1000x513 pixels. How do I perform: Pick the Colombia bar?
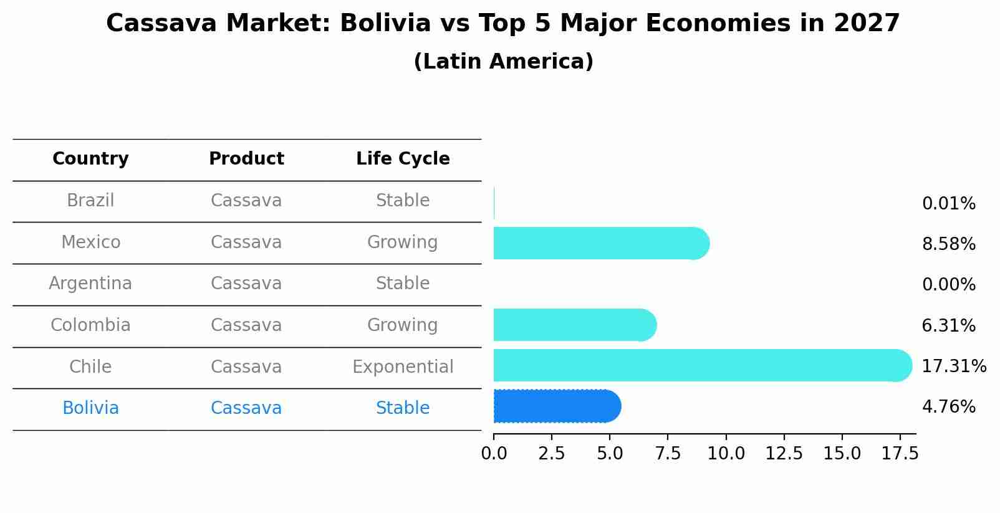click(x=574, y=325)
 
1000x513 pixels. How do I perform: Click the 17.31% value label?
click(x=953, y=366)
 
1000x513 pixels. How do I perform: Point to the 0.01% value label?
click(x=948, y=204)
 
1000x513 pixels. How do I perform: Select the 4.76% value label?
click(x=948, y=407)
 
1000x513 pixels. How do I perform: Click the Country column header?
click(x=90, y=159)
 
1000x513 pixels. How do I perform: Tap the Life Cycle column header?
click(x=403, y=159)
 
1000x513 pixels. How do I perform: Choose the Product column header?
click(x=246, y=159)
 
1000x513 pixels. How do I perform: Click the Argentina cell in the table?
click(x=90, y=284)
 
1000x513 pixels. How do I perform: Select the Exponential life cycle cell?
click(x=403, y=367)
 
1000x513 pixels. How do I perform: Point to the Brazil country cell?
click(x=90, y=201)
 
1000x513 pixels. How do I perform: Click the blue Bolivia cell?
click(x=90, y=408)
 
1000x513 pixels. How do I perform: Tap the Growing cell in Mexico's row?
click(x=403, y=242)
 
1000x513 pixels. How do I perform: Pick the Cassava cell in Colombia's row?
click(x=246, y=325)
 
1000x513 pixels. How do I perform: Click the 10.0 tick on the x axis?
click(x=726, y=454)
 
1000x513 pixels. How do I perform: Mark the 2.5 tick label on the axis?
click(x=551, y=454)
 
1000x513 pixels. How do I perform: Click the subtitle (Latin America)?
click(x=503, y=62)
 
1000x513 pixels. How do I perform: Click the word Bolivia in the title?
click(x=385, y=24)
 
